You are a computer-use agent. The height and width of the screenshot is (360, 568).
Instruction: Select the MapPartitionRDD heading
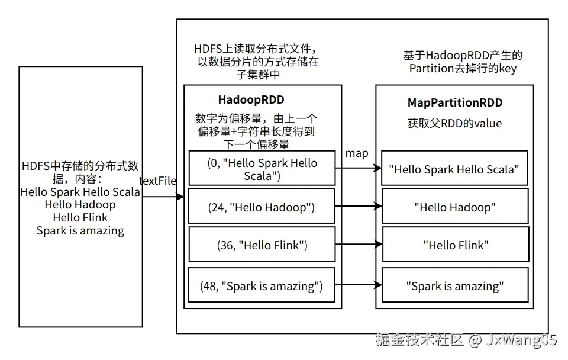[x=454, y=102]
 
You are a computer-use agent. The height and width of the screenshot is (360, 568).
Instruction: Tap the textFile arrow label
[x=157, y=181]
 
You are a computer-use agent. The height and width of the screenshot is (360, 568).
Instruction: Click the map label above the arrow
[x=357, y=153]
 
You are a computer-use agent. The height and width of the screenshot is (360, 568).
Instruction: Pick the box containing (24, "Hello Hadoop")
[x=262, y=207]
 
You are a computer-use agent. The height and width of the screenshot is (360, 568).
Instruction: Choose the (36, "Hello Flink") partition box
[x=262, y=245]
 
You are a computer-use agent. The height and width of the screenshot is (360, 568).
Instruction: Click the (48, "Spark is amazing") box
[x=262, y=286]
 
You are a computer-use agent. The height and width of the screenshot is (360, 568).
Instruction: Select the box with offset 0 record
[x=262, y=169]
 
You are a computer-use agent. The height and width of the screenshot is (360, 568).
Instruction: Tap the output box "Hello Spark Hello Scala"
[x=454, y=169]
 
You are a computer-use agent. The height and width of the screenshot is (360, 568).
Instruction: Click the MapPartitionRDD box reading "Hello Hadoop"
[x=454, y=207]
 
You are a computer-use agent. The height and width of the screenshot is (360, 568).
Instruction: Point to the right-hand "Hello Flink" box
[x=454, y=245]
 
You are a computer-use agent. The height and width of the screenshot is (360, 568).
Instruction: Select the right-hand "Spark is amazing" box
[x=454, y=286]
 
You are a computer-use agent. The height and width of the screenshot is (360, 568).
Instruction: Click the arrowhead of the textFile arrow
[x=180, y=197]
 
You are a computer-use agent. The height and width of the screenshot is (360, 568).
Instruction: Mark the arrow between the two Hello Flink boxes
[x=358, y=244]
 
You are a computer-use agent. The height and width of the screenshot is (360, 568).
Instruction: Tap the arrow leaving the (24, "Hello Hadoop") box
[x=358, y=207]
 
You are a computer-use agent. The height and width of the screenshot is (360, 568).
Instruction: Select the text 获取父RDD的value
[x=454, y=123]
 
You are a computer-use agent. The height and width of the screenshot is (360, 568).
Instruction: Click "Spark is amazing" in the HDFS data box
[x=80, y=231]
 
